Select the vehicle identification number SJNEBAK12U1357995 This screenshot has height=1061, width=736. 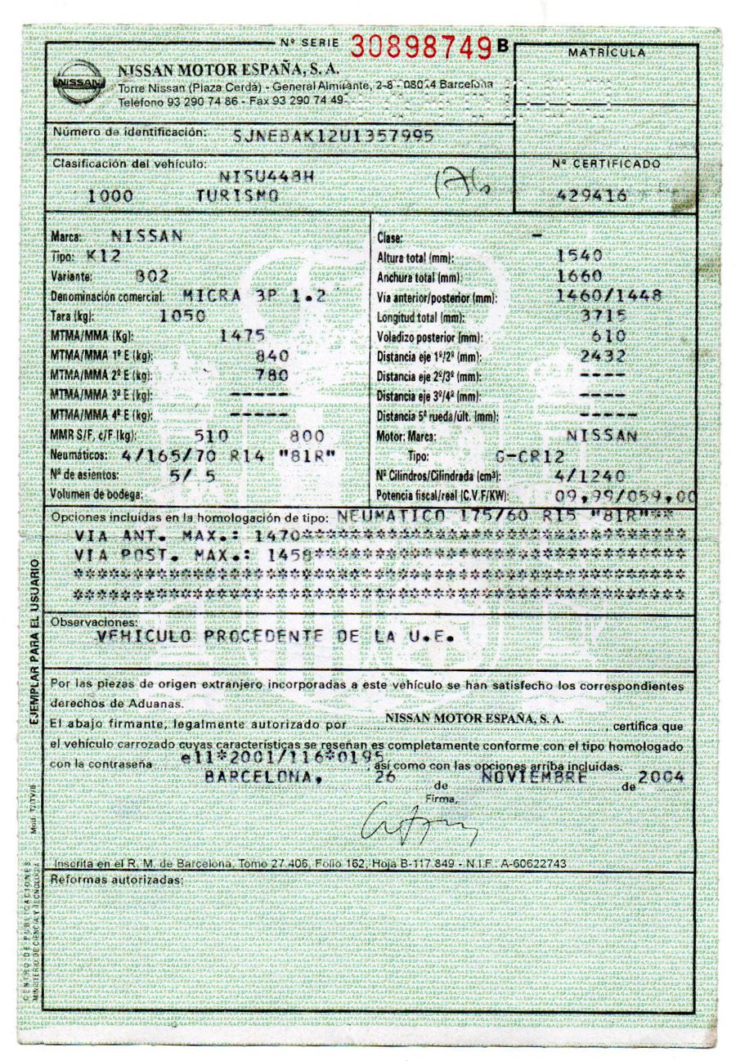(333, 136)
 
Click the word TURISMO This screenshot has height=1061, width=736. (237, 196)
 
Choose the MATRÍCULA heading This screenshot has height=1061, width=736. (606, 52)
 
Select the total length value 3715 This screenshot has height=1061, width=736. (603, 316)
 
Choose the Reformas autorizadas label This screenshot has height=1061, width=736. (115, 879)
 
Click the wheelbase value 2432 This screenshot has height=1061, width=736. (603, 356)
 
